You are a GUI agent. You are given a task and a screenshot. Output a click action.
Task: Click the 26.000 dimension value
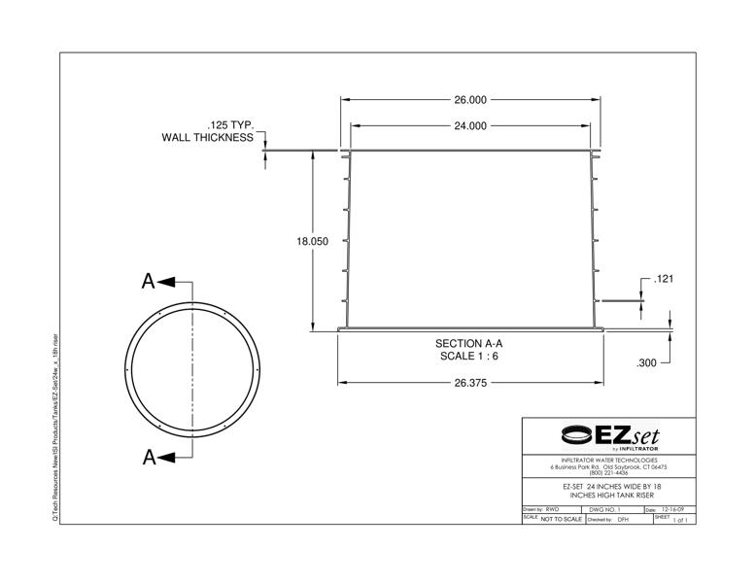point(470,100)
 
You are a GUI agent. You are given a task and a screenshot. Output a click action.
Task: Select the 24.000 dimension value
point(470,126)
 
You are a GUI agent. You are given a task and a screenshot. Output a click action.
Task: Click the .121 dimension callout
point(665,280)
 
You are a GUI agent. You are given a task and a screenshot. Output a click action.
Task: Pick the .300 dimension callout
point(646,363)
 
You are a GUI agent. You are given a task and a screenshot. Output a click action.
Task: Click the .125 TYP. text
point(230,125)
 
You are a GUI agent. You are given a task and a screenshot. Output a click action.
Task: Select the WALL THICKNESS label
point(207,138)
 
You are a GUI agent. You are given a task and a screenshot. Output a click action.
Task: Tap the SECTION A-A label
point(469,344)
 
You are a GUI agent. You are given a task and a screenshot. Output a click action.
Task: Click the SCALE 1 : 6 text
point(469,357)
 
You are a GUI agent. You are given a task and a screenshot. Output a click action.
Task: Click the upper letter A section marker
point(149,282)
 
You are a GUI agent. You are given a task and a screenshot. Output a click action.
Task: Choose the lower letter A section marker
point(149,458)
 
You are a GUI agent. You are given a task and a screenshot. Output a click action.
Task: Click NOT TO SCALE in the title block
point(561,520)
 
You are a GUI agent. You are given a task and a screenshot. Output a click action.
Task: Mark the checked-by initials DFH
point(624,520)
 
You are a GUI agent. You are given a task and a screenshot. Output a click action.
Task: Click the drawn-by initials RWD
point(554,509)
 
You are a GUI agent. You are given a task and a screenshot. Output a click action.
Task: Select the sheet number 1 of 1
point(680,520)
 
